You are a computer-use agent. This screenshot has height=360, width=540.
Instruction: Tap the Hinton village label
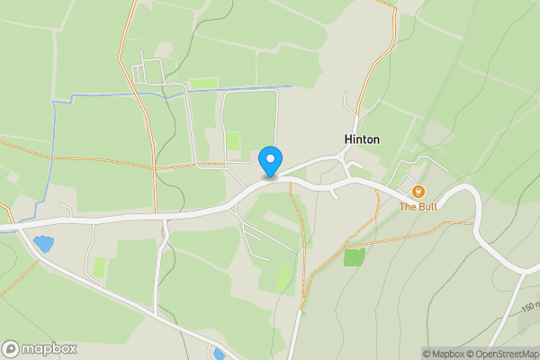tap(362, 139)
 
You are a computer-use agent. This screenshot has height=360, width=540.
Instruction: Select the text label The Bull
tap(418, 206)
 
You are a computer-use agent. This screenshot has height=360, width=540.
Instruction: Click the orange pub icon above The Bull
tap(418, 192)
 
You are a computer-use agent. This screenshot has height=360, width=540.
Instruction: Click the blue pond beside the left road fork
tap(42, 244)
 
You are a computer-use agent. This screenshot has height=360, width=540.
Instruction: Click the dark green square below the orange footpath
tap(354, 256)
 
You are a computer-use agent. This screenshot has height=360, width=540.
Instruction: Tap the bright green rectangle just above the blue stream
tap(204, 84)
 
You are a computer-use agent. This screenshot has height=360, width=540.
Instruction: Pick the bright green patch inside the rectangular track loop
tap(233, 141)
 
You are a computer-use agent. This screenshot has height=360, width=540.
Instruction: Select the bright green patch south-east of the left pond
tap(99, 267)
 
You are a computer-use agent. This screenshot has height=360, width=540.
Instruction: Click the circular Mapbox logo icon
tap(11, 348)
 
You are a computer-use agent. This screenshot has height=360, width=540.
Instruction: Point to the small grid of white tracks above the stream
tap(148, 72)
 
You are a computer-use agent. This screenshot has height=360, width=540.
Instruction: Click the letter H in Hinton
tap(348, 139)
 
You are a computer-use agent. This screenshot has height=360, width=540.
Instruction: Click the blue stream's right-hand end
tap(290, 86)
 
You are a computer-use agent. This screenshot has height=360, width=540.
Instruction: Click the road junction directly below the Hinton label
tap(343, 160)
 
